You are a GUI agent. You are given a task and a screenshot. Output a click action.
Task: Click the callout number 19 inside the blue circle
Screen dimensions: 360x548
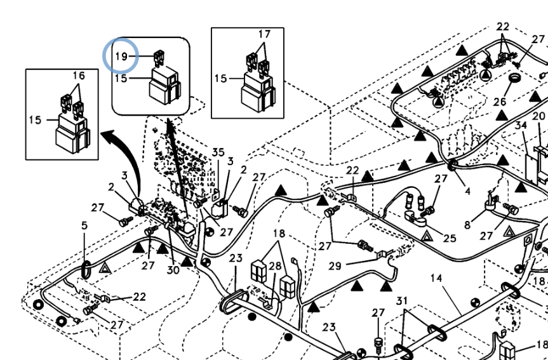(121, 57)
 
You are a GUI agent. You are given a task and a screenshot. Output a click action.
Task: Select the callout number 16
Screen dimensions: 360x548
(78, 76)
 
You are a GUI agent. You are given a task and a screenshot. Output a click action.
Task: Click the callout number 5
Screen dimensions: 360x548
(84, 225)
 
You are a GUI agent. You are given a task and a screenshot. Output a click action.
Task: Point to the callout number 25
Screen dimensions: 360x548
(449, 238)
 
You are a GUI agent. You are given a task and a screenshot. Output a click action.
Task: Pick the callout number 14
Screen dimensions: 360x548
(436, 278)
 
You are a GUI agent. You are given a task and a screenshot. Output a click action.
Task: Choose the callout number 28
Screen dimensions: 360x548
(274, 265)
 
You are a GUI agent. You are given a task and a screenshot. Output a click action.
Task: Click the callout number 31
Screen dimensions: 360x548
(401, 300)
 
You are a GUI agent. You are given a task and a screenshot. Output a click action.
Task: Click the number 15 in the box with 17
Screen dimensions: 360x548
(220, 79)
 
